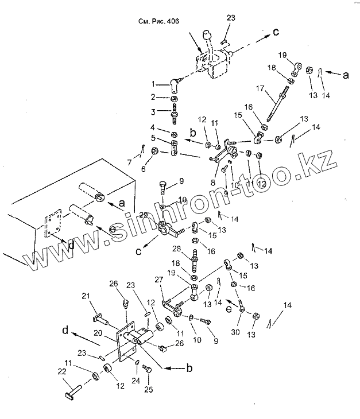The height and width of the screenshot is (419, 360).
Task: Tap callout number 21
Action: (87, 296)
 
